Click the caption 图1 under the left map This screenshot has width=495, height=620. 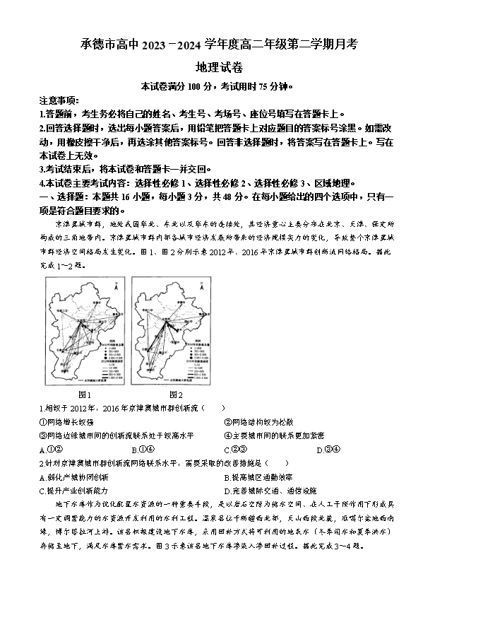[x=83, y=394]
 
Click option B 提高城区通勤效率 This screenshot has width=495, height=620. [x=258, y=477]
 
